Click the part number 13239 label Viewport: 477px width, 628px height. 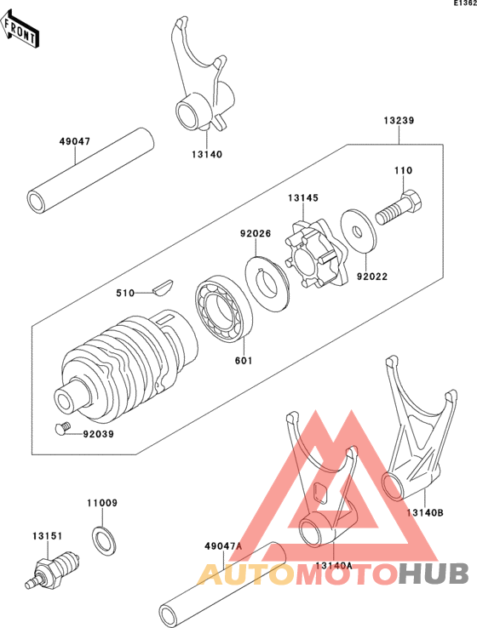click(x=398, y=121)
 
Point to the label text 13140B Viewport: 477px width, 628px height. click(x=423, y=512)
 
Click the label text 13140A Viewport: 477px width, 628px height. click(x=332, y=565)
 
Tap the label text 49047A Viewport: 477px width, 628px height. click(x=223, y=546)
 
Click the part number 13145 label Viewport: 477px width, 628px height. click(x=303, y=197)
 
